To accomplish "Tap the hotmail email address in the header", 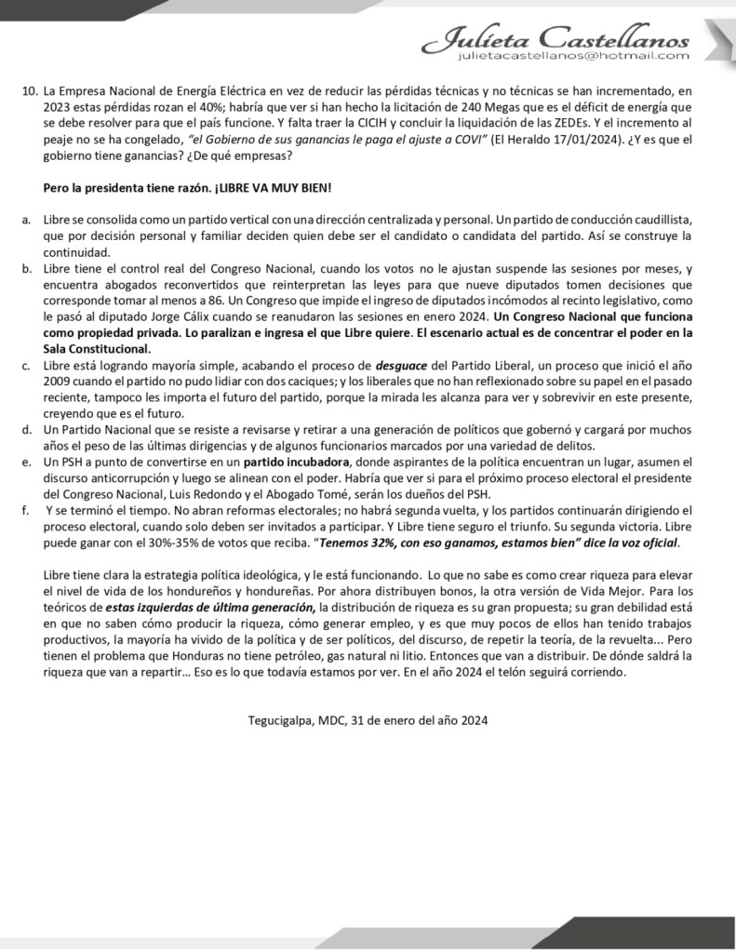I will coord(573,56).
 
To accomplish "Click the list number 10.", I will coord(29,92).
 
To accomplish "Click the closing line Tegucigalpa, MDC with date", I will coord(368,719).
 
